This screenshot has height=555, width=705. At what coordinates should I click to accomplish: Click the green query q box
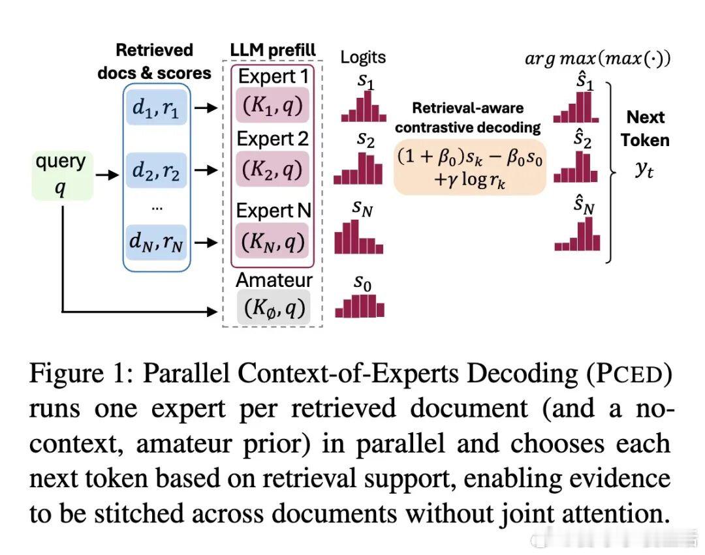(x=62, y=175)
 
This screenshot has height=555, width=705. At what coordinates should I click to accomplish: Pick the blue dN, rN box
(x=157, y=243)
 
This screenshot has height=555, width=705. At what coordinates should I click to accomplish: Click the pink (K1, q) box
(x=273, y=106)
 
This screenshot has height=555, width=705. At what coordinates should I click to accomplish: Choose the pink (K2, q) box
(x=273, y=170)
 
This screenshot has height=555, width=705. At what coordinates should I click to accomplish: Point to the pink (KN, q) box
(x=273, y=242)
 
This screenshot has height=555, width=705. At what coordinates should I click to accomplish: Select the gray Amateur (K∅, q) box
(x=273, y=308)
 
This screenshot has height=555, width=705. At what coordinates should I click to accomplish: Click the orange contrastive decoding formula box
(x=469, y=168)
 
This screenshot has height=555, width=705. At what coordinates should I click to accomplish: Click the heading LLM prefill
(x=273, y=50)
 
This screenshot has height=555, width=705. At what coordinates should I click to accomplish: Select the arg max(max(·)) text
(x=598, y=58)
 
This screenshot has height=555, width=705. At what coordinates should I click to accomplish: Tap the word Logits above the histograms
(x=363, y=57)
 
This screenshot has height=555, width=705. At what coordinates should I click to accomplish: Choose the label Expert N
(x=274, y=211)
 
